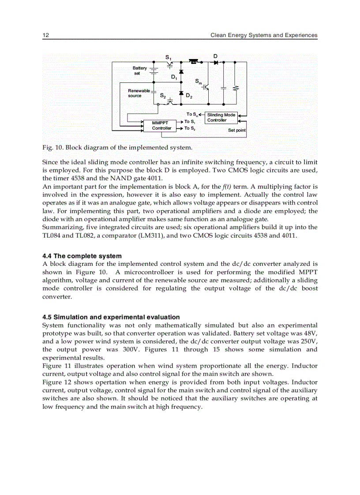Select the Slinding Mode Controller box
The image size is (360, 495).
221,118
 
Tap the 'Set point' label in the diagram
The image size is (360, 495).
237,130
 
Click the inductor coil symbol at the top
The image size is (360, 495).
193,61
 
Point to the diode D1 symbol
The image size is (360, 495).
181,72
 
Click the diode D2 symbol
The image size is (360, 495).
181,93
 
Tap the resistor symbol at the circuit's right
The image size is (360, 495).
235,88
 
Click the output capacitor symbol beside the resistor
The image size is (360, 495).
223,88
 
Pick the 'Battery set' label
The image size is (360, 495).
139,71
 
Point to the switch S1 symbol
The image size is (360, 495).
170,64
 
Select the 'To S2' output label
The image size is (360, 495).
190,128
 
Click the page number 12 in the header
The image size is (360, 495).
45,35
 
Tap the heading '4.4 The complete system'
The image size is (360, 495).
82,256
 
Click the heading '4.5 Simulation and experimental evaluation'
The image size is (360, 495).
111,317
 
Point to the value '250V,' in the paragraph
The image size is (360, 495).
307,342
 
